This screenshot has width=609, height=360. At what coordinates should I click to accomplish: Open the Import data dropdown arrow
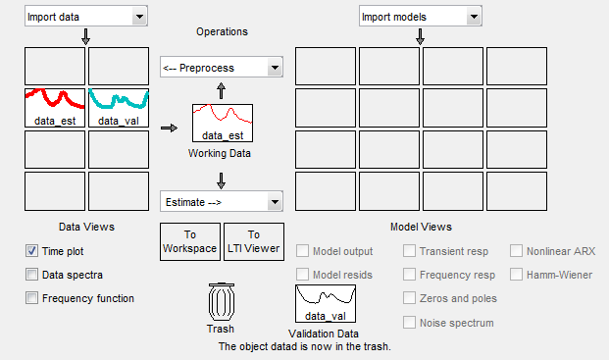click(x=139, y=17)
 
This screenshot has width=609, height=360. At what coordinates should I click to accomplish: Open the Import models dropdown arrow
click(x=474, y=17)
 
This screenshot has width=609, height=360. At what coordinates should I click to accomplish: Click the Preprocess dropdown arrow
click(x=275, y=68)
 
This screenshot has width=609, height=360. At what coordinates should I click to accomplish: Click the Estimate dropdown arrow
click(x=275, y=202)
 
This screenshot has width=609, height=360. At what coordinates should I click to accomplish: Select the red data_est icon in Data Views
click(x=55, y=108)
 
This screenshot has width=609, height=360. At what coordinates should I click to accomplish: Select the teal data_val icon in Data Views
click(x=119, y=108)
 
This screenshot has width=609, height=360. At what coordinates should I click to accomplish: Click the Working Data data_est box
click(x=223, y=123)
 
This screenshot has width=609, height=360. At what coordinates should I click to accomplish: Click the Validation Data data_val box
click(x=326, y=303)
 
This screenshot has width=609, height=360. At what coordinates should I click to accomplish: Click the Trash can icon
click(x=222, y=302)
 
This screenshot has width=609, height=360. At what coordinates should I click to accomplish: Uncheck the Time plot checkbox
click(x=31, y=251)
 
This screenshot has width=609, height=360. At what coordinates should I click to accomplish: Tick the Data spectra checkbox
click(x=31, y=275)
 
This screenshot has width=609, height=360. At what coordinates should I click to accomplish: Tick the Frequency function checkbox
click(x=31, y=298)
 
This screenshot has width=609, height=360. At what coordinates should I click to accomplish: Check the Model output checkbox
click(x=303, y=251)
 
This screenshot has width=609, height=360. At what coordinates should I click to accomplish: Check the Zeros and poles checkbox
click(x=409, y=298)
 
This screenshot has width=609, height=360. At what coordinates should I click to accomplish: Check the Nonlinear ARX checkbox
click(x=516, y=251)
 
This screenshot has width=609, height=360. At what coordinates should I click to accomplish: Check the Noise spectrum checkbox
click(x=409, y=323)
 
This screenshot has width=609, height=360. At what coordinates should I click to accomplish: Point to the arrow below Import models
click(x=420, y=36)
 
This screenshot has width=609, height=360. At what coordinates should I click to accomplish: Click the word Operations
click(x=223, y=31)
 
